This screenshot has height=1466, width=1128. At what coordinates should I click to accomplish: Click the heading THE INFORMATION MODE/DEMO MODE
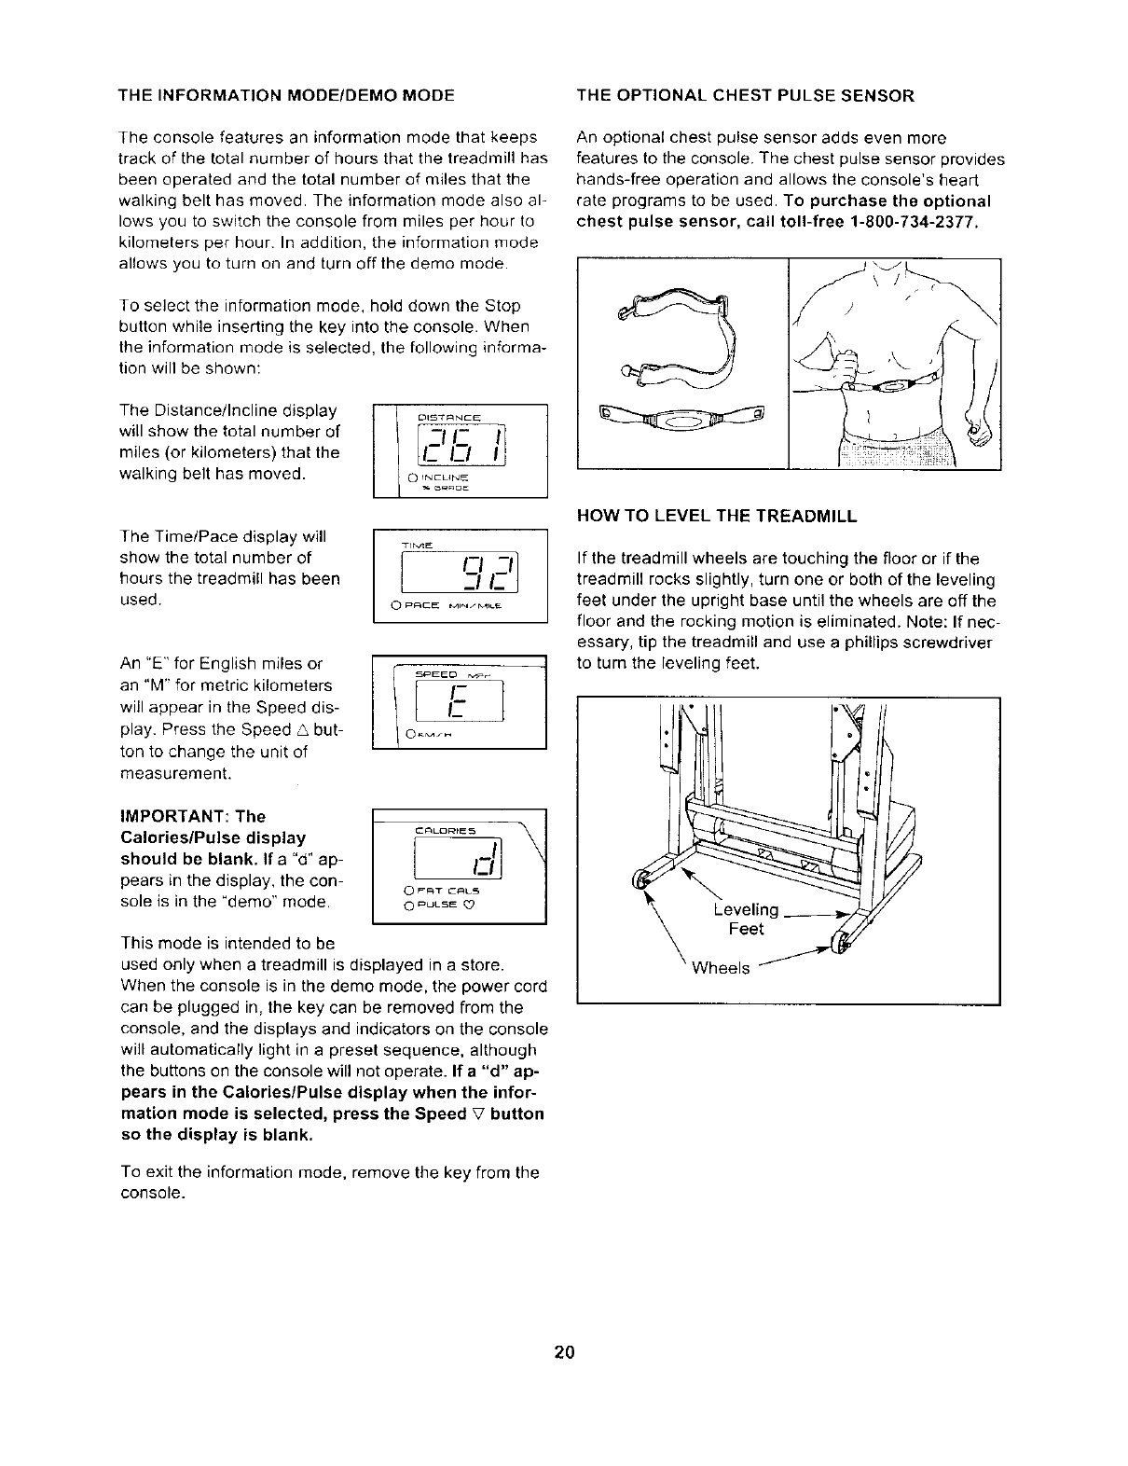tap(286, 95)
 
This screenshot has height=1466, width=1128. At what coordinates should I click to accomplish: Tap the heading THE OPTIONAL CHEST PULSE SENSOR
tap(746, 95)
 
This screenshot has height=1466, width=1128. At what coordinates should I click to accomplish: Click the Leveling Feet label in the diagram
tap(746, 920)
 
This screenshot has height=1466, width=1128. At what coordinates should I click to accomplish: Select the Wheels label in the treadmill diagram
tap(721, 968)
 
